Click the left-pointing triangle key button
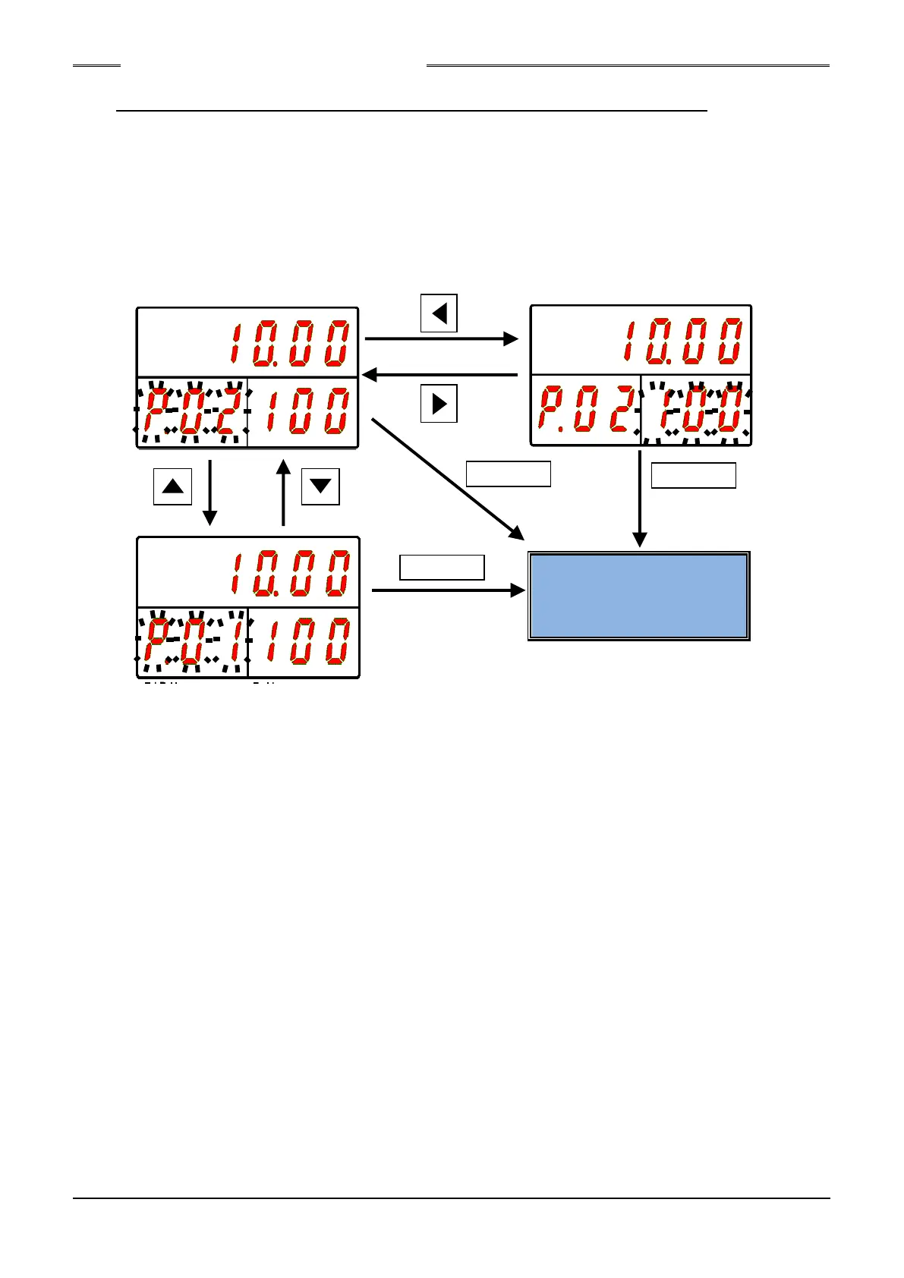439,313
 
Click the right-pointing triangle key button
439,403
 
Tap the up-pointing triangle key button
173,486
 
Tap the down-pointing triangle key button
320,486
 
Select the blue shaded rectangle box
639,596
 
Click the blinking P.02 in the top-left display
192,412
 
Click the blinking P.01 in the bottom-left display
192,642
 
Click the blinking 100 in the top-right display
696,412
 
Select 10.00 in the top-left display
289,344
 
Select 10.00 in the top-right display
682,342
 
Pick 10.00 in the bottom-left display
289,574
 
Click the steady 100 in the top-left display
303,412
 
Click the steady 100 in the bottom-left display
304,642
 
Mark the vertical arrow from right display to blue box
640,498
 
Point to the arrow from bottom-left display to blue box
448,590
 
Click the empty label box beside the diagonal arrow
508,474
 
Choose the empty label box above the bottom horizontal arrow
442,568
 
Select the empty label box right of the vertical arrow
694,475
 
